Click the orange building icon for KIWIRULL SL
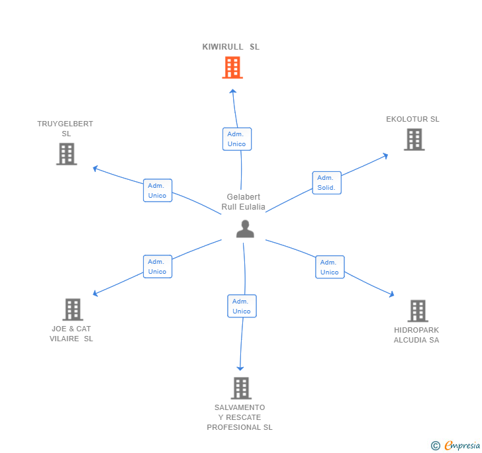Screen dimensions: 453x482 click(x=232, y=67)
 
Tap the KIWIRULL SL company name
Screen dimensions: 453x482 click(x=231, y=47)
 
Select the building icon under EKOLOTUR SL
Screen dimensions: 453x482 click(x=414, y=140)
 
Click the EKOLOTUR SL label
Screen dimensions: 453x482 click(x=412, y=120)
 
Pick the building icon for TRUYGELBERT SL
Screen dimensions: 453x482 click(x=66, y=154)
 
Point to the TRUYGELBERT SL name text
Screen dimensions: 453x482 click(x=65, y=129)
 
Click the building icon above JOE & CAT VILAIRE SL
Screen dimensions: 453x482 click(x=72, y=309)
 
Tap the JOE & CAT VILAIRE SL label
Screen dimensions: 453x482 click(x=72, y=334)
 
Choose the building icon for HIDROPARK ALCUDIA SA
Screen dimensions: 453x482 click(x=418, y=311)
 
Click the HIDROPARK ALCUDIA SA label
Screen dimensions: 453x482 click(x=416, y=335)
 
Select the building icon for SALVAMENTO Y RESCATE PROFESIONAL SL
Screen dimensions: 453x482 click(x=241, y=388)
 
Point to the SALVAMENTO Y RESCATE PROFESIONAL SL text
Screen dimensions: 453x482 click(x=240, y=417)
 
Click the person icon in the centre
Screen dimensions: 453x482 click(x=245, y=229)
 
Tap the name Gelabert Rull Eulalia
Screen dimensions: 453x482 click(x=244, y=202)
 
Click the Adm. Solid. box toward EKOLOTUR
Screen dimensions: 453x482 click(x=326, y=183)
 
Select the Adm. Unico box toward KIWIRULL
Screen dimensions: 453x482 click(x=236, y=139)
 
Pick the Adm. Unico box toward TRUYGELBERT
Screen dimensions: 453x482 click(x=158, y=190)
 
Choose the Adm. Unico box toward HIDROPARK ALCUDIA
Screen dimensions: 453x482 click(x=330, y=267)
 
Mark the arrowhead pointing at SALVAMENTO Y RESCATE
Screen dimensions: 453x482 click(x=240, y=368)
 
